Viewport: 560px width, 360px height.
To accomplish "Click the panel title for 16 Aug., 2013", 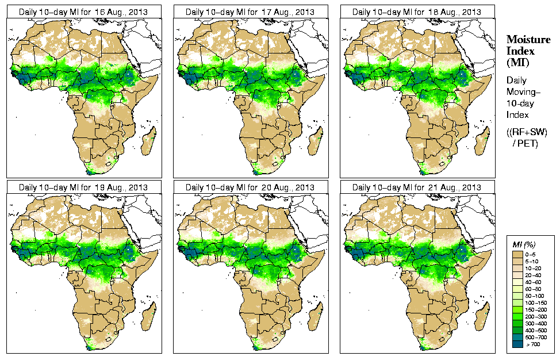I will pos(83,12).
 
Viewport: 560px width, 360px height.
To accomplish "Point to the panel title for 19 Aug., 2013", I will pos(83,187).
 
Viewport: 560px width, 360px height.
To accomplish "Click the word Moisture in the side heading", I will pos(528,39).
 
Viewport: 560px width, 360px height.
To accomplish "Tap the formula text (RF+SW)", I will pos(528,133).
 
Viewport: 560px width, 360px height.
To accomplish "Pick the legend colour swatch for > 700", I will pos(517,344).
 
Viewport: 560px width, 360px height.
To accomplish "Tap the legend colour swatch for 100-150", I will pos(517,302).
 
